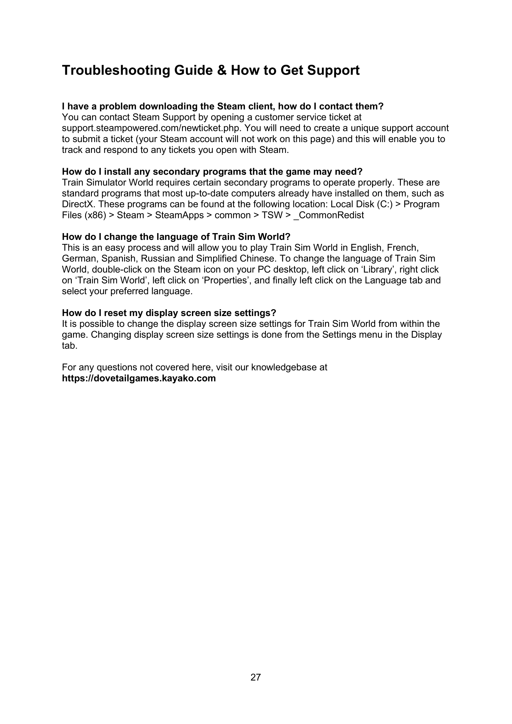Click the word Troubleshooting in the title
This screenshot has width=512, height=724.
(116, 70)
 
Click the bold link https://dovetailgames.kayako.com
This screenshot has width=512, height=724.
(139, 378)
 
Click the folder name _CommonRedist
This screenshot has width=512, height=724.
(329, 215)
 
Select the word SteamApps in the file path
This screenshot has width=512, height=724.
(180, 215)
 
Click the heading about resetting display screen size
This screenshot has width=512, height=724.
(169, 313)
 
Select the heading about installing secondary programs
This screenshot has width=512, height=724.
(212, 171)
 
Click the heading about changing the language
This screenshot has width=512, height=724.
(176, 236)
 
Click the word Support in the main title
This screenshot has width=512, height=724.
(333, 70)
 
